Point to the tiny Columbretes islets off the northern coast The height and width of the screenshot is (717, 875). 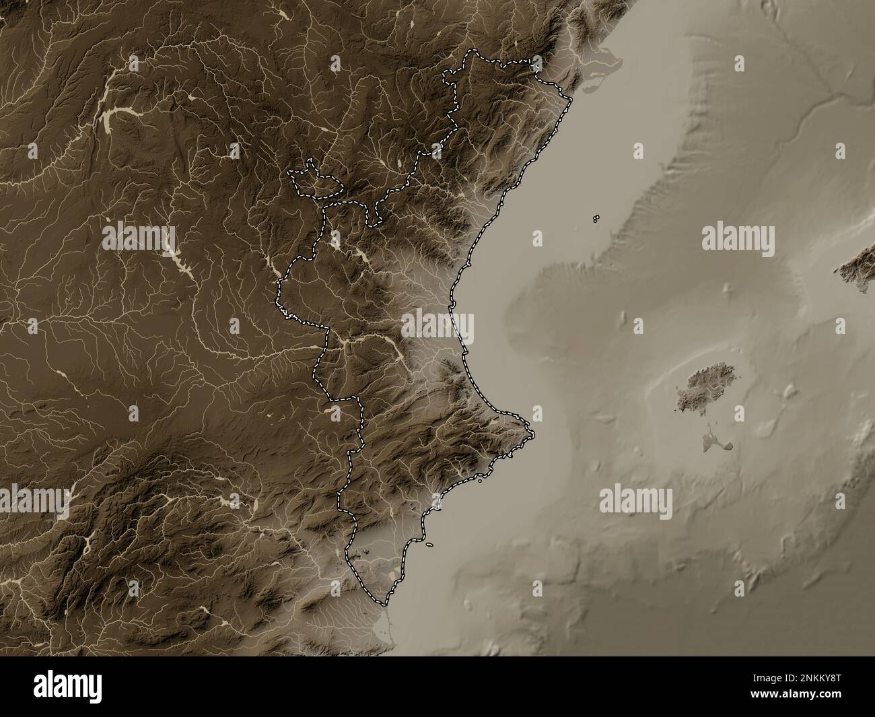(x=596, y=218)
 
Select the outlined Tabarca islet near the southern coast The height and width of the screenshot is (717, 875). (x=428, y=545)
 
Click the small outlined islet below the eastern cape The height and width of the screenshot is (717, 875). (x=481, y=481)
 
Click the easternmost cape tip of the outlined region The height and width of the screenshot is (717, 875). (x=532, y=434)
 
